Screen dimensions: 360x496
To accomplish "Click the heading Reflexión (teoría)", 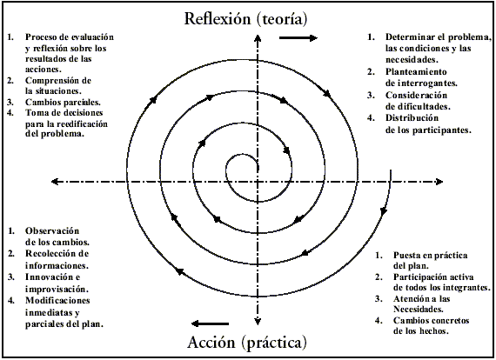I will pyautogui.click(x=248, y=18).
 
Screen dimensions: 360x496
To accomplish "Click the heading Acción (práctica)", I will pyautogui.click(x=248, y=342).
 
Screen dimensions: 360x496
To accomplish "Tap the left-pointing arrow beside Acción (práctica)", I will pyautogui.click(x=209, y=322).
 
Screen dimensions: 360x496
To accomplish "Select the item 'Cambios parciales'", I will pyautogui.click(x=62, y=102).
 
